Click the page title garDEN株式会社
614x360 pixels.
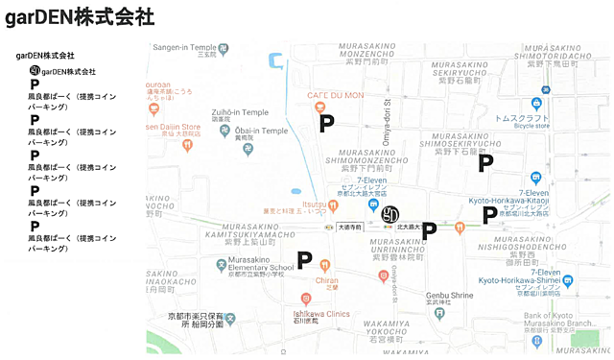coord(82,17)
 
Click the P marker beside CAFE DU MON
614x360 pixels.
coord(327,123)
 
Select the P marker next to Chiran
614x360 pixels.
coord(304,259)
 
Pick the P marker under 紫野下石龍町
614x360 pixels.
coord(485,163)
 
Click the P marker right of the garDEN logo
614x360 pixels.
coord(429,230)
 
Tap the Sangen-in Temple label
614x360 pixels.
coord(185,47)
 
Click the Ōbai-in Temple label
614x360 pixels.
coord(254,131)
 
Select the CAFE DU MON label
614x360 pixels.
coord(335,95)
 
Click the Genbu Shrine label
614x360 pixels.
coord(450,296)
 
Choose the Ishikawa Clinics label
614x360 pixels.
coord(321,314)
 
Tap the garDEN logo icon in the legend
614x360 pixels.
coord(35,72)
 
